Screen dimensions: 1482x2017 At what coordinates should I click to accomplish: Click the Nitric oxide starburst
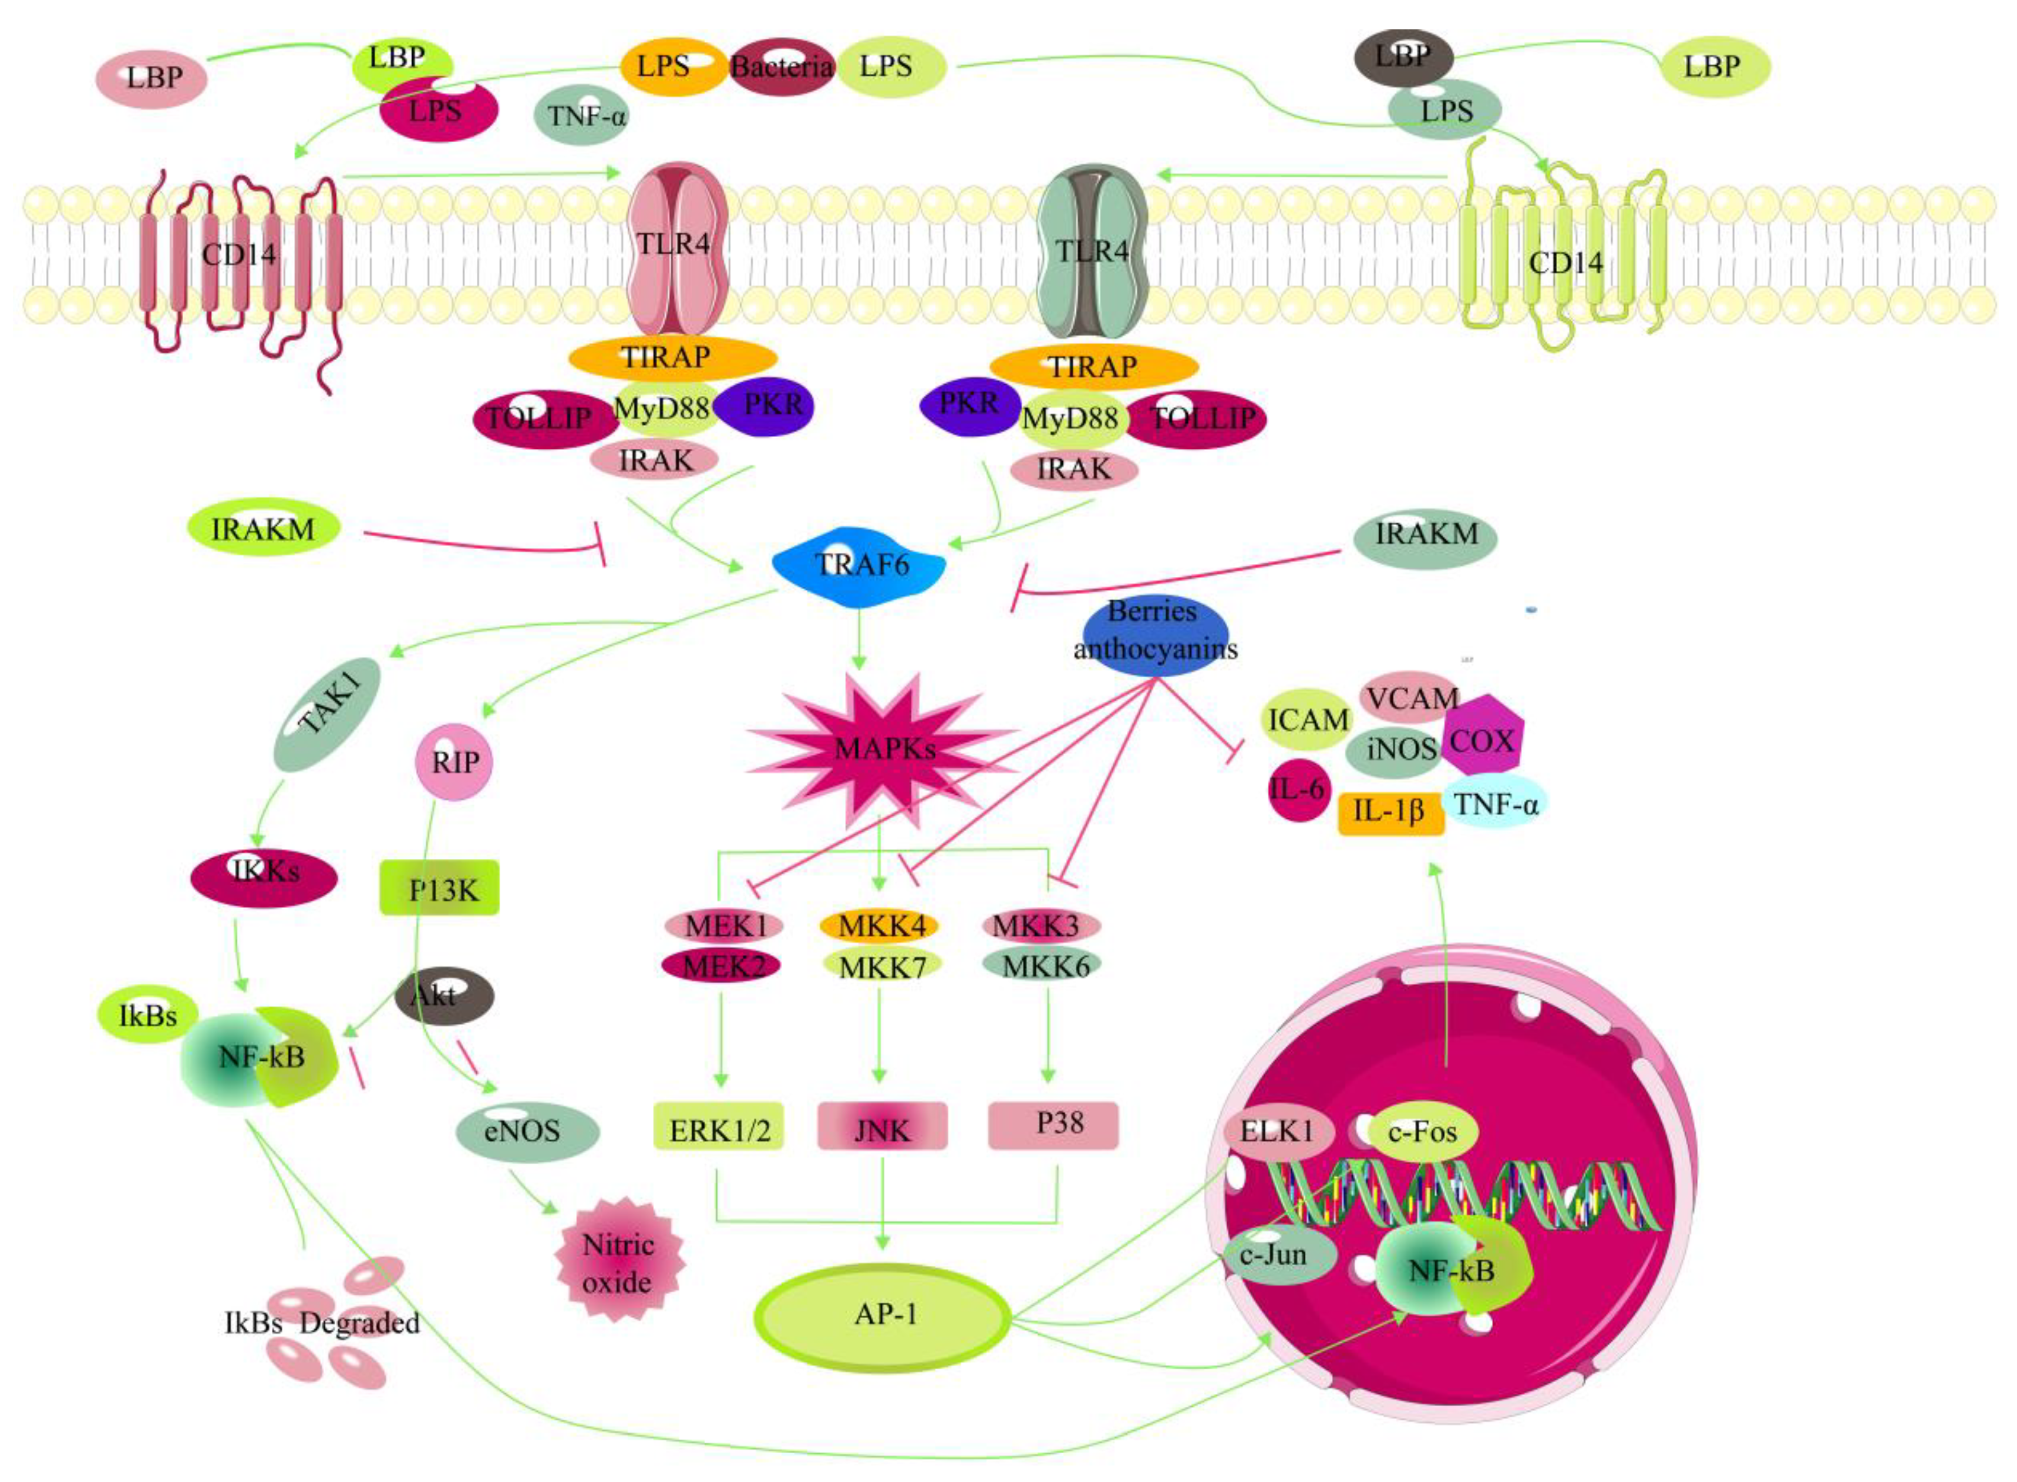[618, 1263]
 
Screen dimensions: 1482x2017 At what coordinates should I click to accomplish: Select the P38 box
[1053, 1125]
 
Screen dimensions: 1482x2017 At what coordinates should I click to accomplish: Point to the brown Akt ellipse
[443, 996]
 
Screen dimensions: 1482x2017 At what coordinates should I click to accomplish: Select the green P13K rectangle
[439, 888]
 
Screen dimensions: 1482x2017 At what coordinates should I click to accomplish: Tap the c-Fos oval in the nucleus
[1422, 1132]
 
